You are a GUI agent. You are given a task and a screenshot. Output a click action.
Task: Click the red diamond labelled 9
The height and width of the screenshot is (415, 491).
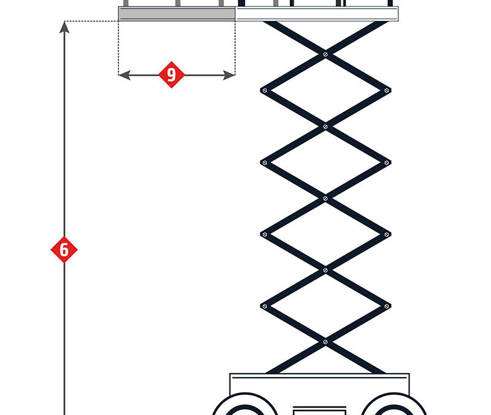point(171,74)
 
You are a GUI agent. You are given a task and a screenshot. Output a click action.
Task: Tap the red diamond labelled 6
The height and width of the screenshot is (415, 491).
point(64,250)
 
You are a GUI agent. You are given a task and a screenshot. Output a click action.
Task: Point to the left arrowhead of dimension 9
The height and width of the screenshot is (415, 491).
point(125,75)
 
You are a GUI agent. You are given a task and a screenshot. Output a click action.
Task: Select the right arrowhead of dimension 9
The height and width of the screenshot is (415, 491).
point(229,75)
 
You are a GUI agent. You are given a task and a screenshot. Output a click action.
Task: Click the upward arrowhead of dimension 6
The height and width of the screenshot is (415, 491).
point(64,27)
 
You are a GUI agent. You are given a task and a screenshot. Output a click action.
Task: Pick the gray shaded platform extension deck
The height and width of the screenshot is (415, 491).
point(177,14)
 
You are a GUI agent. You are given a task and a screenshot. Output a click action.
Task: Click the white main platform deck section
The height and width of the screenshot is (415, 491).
point(317,14)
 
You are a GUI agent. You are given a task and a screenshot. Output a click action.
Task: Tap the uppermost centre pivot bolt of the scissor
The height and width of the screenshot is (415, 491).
point(325,55)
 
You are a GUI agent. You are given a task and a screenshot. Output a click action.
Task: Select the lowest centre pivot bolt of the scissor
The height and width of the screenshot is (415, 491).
point(325,342)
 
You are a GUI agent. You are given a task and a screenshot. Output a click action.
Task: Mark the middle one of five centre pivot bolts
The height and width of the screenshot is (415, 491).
point(325,199)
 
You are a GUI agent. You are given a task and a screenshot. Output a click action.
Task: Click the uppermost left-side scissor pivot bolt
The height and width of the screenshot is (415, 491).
point(265,90)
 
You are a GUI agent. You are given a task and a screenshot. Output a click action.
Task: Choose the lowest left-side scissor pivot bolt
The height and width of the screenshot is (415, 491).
point(265,306)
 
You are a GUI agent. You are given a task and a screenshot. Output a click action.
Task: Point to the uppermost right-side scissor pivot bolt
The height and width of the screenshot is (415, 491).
point(387,90)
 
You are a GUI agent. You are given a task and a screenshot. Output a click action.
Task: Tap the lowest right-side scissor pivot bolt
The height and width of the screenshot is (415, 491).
point(387,306)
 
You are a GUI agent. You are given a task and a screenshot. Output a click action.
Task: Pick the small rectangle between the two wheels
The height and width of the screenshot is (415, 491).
point(320,411)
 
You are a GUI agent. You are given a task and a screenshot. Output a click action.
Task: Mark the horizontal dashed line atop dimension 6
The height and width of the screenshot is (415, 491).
point(91,22)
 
